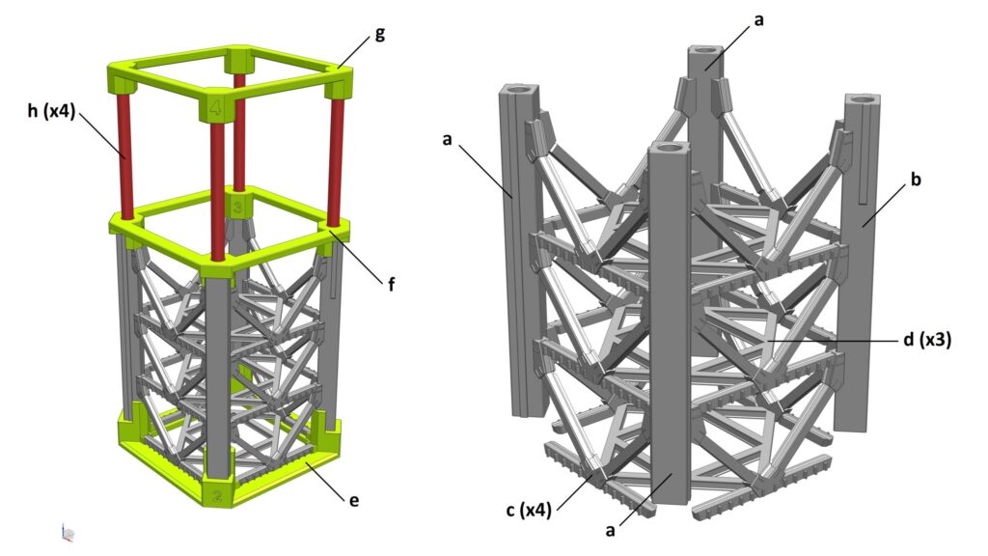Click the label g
(x=379, y=34)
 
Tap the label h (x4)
(x=51, y=112)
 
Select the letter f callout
(x=392, y=285)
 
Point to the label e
(x=354, y=501)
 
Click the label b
(x=916, y=180)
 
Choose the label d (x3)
(x=927, y=340)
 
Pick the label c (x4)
(x=529, y=510)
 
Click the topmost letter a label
(x=758, y=20)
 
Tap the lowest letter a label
(x=610, y=531)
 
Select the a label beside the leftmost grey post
(x=448, y=139)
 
